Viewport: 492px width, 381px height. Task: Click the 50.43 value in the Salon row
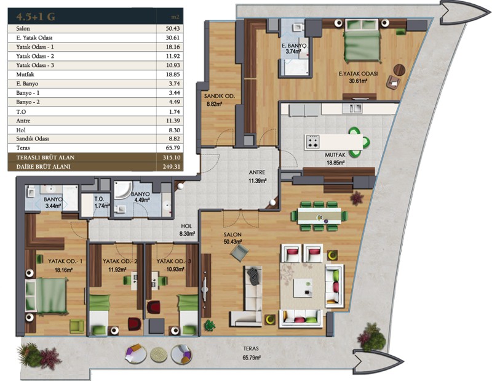173,28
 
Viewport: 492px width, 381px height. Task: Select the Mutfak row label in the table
25,74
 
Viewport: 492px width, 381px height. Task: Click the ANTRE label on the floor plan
257,172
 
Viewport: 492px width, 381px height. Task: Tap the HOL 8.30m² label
187,230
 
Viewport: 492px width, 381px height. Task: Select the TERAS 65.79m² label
251,353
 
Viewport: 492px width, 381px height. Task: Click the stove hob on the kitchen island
313,142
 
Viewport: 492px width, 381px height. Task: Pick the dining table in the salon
319,216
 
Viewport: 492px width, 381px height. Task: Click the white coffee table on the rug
303,287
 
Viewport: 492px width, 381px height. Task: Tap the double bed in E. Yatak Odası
362,41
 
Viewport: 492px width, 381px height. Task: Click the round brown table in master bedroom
399,70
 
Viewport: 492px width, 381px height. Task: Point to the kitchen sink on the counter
355,108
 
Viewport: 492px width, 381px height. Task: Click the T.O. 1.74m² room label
101,203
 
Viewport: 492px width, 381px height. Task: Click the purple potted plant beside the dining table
357,198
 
